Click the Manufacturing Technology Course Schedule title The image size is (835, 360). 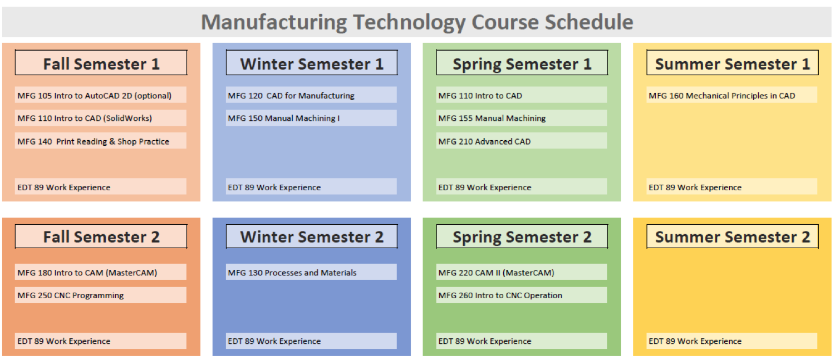click(417, 22)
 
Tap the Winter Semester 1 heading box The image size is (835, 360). click(312, 63)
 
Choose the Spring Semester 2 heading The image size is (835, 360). click(522, 236)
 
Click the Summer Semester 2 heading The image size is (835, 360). click(733, 236)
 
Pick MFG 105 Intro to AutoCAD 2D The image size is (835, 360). click(94, 95)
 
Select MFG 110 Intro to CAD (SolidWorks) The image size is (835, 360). click(85, 118)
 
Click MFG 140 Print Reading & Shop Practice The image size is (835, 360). click(93, 141)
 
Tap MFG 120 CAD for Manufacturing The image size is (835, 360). click(291, 95)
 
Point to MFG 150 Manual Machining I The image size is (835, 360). click(284, 118)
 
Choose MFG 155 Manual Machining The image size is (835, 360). click(492, 118)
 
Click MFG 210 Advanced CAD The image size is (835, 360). click(484, 141)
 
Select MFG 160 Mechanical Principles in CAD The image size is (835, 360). click(721, 95)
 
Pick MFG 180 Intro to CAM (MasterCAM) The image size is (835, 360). click(87, 273)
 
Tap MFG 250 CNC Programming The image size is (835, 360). click(71, 295)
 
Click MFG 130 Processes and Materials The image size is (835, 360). click(292, 273)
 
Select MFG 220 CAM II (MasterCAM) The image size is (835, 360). click(496, 273)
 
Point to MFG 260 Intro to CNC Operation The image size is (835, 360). click(500, 295)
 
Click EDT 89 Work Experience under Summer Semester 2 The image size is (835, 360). click(695, 341)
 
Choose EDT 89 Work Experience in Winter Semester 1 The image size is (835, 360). click(274, 187)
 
